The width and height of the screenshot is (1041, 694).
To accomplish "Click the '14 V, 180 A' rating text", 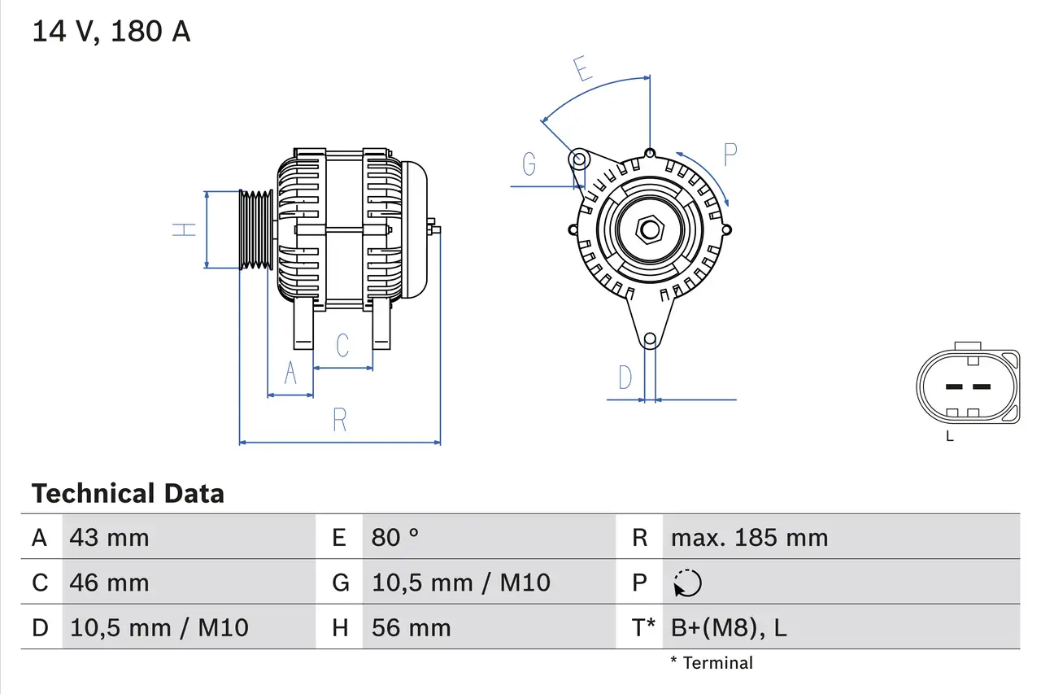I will click(x=111, y=32).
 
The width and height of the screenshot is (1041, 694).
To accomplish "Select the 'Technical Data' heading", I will click(x=128, y=493).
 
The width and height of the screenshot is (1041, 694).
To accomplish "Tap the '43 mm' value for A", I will click(x=109, y=537).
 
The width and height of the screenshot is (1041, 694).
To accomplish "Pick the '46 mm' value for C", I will click(x=109, y=583).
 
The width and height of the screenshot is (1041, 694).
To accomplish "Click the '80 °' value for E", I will click(x=395, y=537).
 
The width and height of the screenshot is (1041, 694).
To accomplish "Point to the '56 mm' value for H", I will click(x=411, y=627).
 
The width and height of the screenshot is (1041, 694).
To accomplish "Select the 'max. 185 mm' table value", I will click(x=748, y=537).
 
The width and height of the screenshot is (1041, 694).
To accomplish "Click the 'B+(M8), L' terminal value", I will click(x=728, y=627).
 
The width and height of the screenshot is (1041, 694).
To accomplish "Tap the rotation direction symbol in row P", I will click(x=687, y=583).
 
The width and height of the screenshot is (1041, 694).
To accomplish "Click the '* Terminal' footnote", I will click(x=712, y=663).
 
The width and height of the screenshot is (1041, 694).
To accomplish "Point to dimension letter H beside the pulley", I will click(x=185, y=229).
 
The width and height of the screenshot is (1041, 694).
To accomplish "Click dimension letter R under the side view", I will click(x=340, y=420).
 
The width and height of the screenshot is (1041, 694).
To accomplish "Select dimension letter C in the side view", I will click(x=342, y=345).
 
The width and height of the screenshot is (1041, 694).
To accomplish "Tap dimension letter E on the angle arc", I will click(x=581, y=69).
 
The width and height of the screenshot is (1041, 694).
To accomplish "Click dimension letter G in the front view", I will click(x=529, y=164).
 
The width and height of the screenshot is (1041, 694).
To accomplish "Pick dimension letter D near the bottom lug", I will click(x=625, y=378).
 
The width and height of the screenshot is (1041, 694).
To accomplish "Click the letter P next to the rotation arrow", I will click(x=730, y=155).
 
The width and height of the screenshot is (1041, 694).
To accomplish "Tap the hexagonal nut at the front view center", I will click(x=649, y=229).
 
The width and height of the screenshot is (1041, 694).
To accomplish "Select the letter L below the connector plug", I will click(x=949, y=437).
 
